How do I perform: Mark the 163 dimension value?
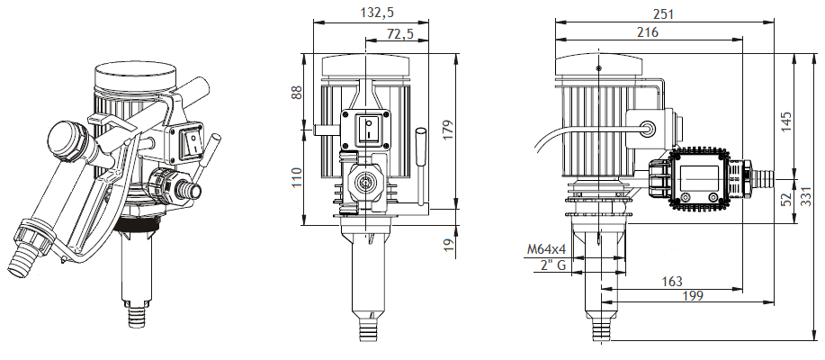pyautogui.click(x=670, y=282)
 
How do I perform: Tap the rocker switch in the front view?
pyautogui.click(x=368, y=129)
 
